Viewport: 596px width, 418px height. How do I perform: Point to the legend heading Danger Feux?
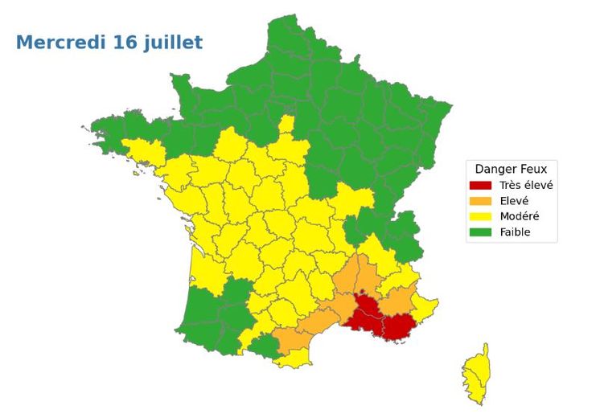tap(511, 169)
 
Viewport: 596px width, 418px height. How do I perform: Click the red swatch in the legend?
tap(481, 185)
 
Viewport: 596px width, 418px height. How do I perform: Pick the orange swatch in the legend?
tap(481, 201)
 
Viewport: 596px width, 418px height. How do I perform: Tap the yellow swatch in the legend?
tap(481, 217)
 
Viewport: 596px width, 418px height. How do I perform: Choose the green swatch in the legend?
tap(481, 233)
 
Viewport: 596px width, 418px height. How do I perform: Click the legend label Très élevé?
tap(526, 185)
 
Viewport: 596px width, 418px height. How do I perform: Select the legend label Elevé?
tap(514, 201)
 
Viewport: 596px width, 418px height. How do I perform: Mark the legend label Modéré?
tap(519, 217)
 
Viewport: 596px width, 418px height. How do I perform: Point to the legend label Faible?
tap(515, 233)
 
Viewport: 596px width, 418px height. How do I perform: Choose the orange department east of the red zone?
tap(396, 301)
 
